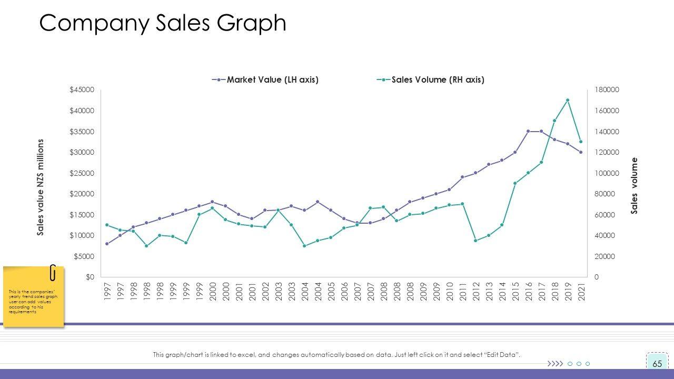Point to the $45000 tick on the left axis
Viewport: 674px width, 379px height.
tap(82, 90)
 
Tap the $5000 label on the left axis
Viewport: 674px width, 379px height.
tap(83, 257)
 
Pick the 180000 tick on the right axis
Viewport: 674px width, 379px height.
tap(607, 90)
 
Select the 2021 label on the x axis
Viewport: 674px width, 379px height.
tap(581, 291)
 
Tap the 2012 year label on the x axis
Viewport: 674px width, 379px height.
tap(476, 291)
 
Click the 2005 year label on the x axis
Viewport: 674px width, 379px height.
tap(331, 291)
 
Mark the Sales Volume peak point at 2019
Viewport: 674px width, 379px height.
tap(568, 100)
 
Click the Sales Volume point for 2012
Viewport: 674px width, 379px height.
tap(475, 241)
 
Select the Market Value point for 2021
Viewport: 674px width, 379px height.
tap(581, 152)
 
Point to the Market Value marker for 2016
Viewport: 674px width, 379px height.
tap(528, 131)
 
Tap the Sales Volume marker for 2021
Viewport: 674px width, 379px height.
tap(581, 142)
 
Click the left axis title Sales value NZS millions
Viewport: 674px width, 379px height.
tap(41, 187)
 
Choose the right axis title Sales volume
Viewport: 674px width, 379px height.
tap(634, 186)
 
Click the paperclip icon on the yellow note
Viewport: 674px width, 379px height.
tap(53, 272)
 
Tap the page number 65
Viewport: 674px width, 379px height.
tap(657, 364)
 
